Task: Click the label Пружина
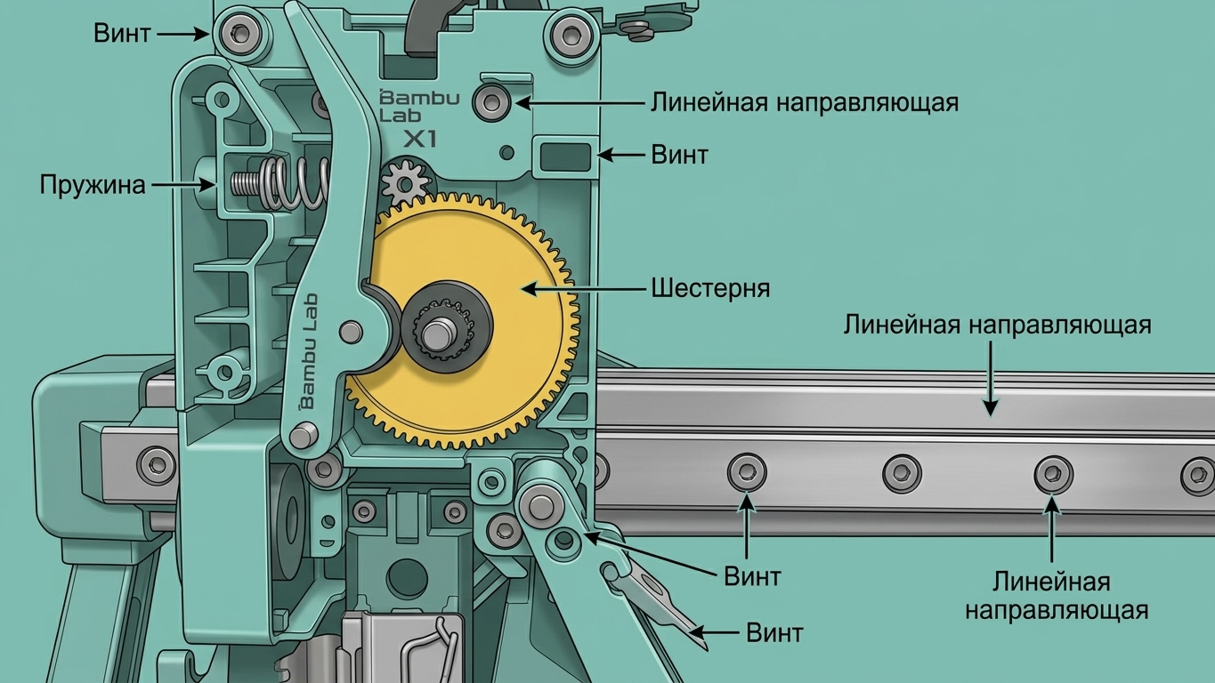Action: click(x=93, y=185)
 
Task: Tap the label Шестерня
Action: click(x=710, y=288)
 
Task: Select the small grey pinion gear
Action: click(x=405, y=181)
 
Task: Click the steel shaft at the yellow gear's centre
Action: click(x=438, y=334)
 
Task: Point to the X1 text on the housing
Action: click(x=420, y=140)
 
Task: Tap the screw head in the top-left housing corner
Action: click(x=239, y=33)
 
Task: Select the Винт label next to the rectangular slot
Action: click(x=679, y=155)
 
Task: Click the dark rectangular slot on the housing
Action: click(x=565, y=157)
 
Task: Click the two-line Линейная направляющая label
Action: click(x=1056, y=596)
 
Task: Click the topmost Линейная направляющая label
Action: click(x=805, y=102)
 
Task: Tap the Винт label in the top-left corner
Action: click(x=122, y=33)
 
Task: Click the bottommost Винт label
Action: click(x=774, y=632)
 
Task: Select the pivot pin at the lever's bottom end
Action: click(x=304, y=435)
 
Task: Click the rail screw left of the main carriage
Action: click(x=157, y=465)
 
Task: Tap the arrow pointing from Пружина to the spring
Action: click(x=182, y=185)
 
